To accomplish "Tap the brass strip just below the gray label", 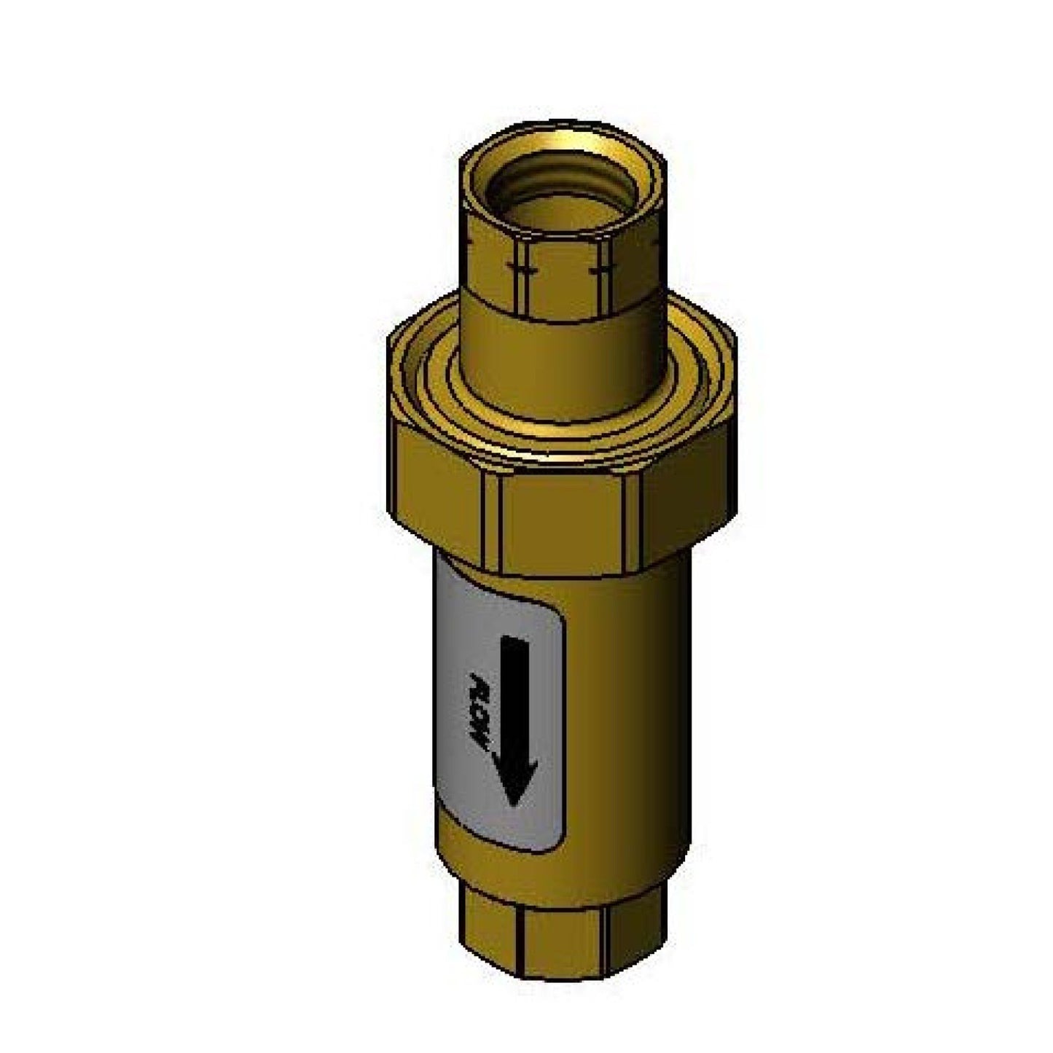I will (510, 867).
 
